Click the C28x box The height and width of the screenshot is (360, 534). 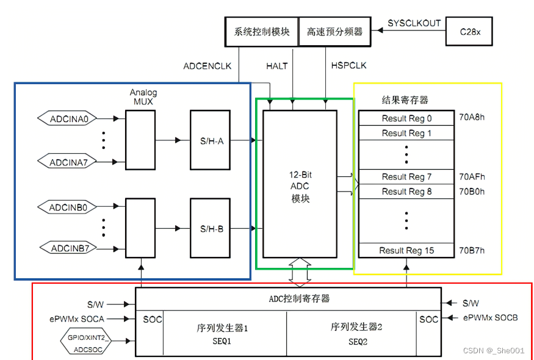[x=471, y=31]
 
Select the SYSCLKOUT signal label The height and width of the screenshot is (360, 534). [x=414, y=23]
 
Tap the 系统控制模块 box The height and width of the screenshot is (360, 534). [x=262, y=31]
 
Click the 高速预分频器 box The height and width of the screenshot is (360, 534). [x=334, y=31]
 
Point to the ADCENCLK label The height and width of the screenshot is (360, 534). [x=207, y=66]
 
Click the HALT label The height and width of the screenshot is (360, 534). [x=276, y=66]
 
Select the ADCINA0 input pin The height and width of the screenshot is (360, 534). [x=73, y=120]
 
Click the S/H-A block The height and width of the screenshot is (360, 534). [x=210, y=140]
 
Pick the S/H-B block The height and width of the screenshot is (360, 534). [x=210, y=229]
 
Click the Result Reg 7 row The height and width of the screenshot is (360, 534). [x=406, y=177]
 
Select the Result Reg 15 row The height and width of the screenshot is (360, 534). [x=406, y=250]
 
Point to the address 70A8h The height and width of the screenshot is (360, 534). [x=472, y=118]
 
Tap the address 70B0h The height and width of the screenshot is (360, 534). [x=472, y=192]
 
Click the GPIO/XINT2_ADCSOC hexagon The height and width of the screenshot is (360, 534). [x=85, y=342]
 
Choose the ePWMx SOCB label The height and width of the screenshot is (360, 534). [x=491, y=318]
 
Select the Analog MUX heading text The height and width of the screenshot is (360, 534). [x=143, y=97]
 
